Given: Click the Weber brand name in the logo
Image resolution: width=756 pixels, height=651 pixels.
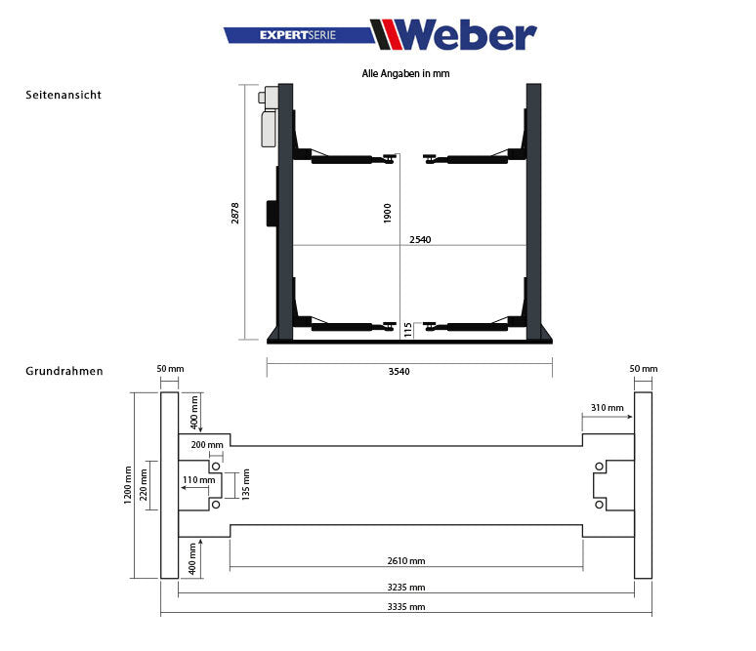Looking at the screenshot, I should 466,35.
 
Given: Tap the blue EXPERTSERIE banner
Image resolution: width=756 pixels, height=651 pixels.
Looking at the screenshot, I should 297,35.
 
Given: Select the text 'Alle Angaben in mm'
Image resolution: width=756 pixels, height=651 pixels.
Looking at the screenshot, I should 405,73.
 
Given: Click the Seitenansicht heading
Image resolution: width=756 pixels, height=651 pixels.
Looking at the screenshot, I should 63,95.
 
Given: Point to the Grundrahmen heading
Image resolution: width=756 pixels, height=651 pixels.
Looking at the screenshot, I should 63,371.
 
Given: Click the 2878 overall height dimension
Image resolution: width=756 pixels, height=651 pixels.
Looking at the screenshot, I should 235,213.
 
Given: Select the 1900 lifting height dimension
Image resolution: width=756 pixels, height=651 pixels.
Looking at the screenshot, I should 388,213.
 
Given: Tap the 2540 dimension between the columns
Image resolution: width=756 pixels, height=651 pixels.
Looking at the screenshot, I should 420,239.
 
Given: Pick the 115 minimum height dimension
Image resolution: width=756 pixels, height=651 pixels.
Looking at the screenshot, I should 408,330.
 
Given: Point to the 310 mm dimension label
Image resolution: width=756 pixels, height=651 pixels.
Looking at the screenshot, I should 607,407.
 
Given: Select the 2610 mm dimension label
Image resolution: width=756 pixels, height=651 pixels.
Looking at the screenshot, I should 405,561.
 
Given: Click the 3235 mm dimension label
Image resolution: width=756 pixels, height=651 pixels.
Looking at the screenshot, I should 405,588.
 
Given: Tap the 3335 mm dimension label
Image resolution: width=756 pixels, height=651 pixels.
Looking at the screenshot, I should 405,606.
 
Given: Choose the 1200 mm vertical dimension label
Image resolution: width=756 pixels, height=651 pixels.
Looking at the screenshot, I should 127,485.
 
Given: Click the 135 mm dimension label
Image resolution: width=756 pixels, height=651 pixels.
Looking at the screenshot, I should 246,482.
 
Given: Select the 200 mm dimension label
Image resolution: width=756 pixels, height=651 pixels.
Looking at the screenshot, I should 207,444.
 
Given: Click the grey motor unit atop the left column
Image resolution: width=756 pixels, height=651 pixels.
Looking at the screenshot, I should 269,117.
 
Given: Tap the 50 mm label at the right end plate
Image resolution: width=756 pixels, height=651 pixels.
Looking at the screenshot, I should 644,369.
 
